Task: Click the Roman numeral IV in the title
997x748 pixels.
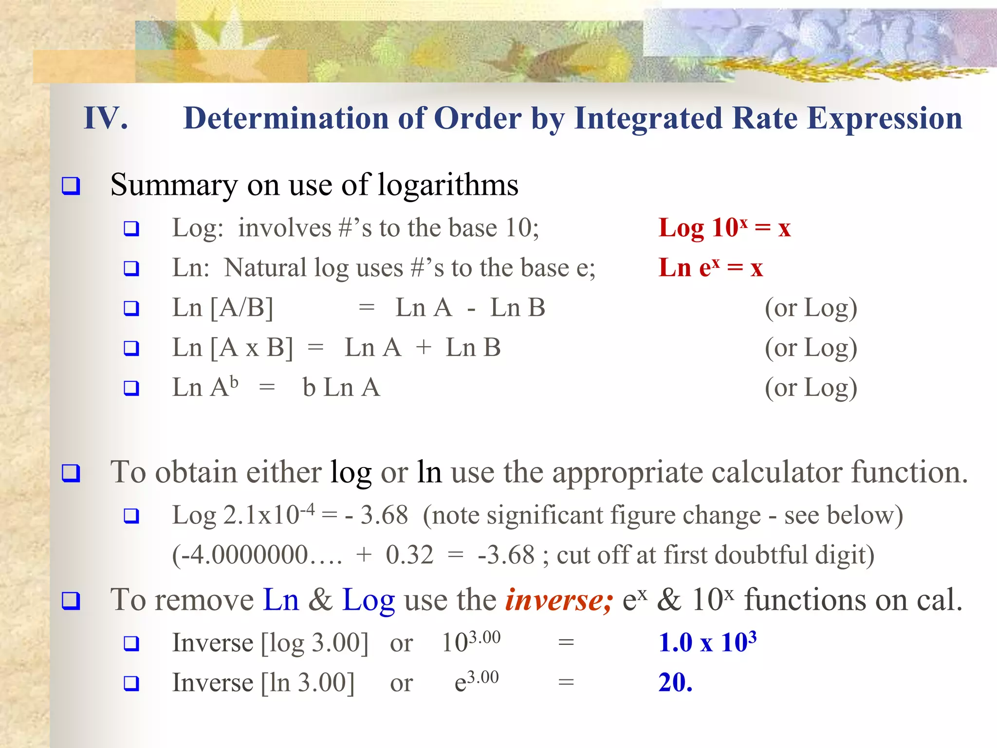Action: pos(106,118)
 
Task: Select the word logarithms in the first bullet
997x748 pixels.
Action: pos(448,186)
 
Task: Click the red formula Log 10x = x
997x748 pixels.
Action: pos(724,227)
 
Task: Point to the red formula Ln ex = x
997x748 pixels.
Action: pos(710,268)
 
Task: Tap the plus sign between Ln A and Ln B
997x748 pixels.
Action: pos(424,348)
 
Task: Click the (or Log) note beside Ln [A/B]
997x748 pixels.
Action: pos(811,308)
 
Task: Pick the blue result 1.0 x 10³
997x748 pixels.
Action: pos(707,642)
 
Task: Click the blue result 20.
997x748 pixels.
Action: pos(675,683)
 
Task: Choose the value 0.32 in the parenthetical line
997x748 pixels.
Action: pos(409,555)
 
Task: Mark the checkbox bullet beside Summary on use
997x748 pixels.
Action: pos(71,186)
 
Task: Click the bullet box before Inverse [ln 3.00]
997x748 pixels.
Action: pos(131,683)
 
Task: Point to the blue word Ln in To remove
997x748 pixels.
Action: pos(281,600)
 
